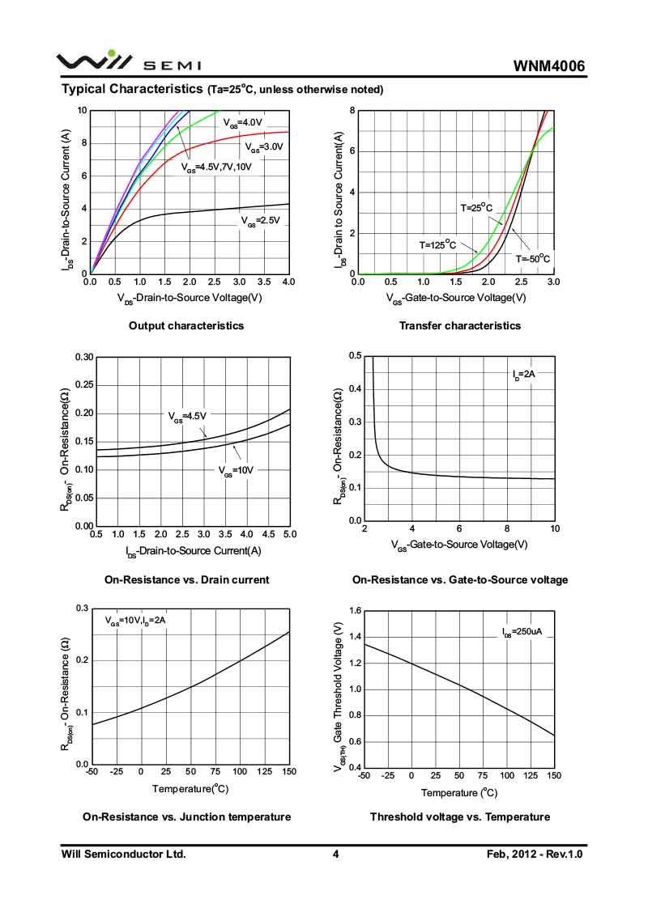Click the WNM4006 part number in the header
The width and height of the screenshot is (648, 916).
[548, 66]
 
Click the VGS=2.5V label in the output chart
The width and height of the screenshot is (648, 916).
[260, 220]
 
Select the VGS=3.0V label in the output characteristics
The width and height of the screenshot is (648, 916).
[264, 148]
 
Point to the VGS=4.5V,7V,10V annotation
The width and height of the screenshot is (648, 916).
[216, 168]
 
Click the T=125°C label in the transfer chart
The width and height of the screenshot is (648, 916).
[437, 244]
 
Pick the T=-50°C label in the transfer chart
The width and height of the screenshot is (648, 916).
[533, 259]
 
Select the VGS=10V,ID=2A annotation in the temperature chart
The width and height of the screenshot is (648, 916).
[135, 621]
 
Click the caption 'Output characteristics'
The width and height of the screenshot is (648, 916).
[186, 326]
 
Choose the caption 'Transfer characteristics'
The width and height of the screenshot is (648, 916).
[460, 326]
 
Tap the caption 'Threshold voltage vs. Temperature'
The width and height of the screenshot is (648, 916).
[460, 817]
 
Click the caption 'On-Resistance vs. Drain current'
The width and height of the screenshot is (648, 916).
[187, 580]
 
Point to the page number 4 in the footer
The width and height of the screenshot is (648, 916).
[335, 855]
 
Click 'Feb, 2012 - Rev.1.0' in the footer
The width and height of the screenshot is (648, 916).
[535, 855]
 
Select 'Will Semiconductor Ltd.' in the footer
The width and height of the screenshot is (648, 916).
[124, 855]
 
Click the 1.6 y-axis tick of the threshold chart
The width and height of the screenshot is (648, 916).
[351, 610]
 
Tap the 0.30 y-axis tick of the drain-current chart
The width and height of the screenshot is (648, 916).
[83, 357]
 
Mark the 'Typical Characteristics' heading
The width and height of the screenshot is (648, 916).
[132, 88]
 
